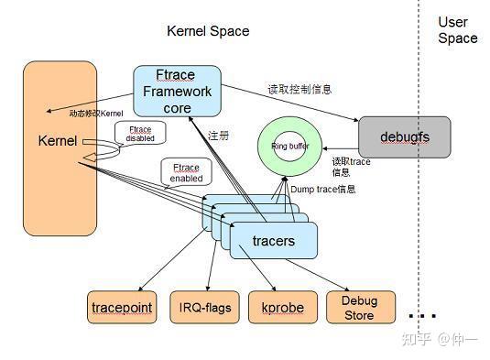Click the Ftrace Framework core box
pyautogui.click(x=178, y=91)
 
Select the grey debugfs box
pyautogui.click(x=404, y=136)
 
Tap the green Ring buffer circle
pyautogui.click(x=290, y=147)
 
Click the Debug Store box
pyautogui.click(x=359, y=307)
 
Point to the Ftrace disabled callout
pyautogui.click(x=140, y=134)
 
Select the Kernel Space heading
pyautogui.click(x=208, y=31)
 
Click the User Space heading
pyautogui.click(x=457, y=30)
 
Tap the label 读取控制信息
pyautogui.click(x=299, y=90)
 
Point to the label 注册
pyautogui.click(x=218, y=135)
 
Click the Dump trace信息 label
pyautogui.click(x=322, y=189)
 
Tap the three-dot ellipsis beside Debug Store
pyautogui.click(x=421, y=316)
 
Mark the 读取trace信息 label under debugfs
pyautogui.click(x=351, y=166)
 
